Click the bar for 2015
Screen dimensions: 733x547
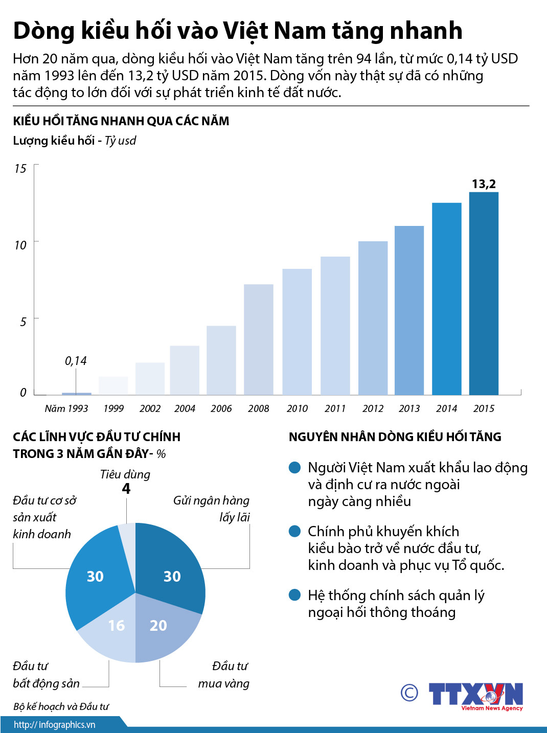click(x=484, y=293)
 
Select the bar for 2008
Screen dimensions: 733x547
click(x=258, y=339)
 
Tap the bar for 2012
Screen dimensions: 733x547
click(x=373, y=318)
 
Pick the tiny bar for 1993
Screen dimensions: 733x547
click(x=77, y=394)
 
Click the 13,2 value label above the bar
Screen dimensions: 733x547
click(x=484, y=184)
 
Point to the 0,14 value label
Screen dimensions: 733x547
click(x=76, y=361)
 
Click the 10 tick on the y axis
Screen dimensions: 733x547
click(x=20, y=245)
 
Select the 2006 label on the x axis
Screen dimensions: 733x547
click(x=221, y=408)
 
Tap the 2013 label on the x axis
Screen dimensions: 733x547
click(x=409, y=408)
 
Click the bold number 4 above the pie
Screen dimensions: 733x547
click(x=126, y=489)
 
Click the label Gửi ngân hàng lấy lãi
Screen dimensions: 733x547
click(x=212, y=509)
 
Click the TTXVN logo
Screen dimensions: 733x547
click(x=475, y=695)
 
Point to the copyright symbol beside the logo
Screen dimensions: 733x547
click(x=409, y=693)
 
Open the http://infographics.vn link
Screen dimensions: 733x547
click(x=54, y=725)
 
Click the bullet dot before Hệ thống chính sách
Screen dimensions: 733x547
click(x=294, y=595)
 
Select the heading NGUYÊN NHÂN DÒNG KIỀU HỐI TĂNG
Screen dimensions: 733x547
click(x=395, y=437)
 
